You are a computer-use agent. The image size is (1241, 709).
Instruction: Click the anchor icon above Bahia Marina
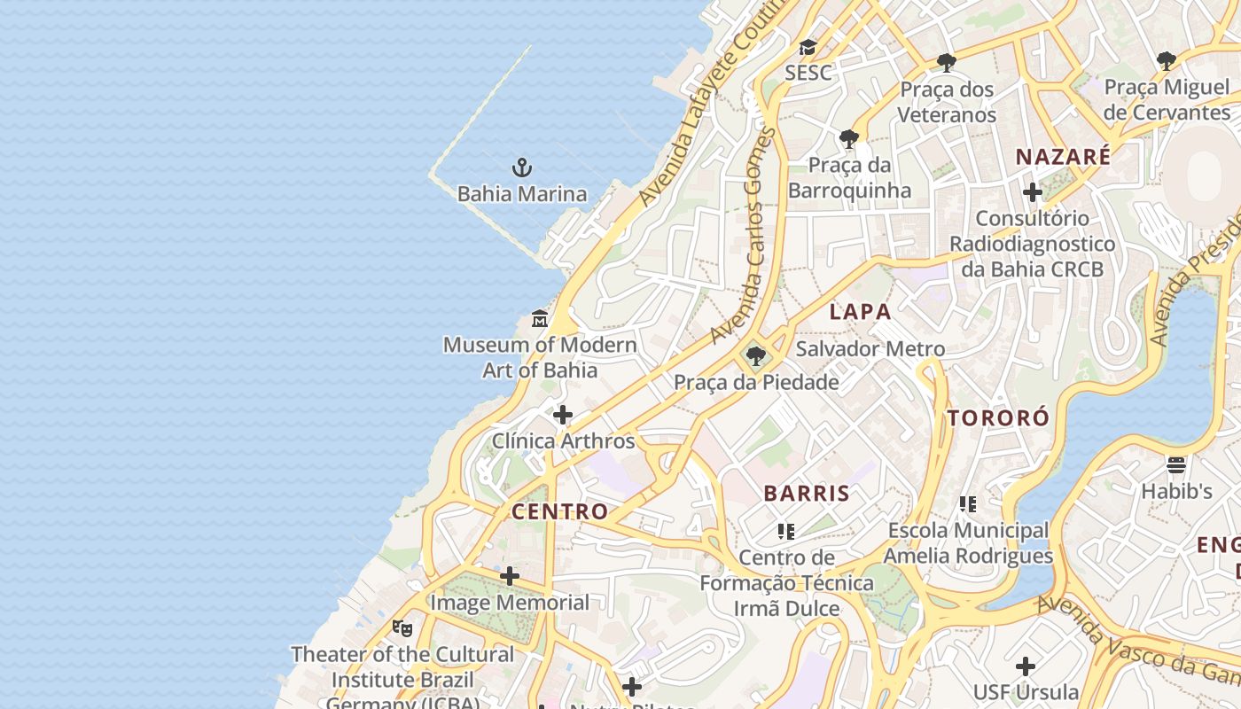[522, 167]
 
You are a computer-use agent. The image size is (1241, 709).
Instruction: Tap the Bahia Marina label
[522, 194]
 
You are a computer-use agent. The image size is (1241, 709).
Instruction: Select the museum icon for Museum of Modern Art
[539, 318]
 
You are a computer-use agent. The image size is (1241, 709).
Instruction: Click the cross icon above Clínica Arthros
[563, 415]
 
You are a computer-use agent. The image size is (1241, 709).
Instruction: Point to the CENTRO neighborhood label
[559, 511]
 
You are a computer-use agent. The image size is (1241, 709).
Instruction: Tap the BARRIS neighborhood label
[807, 494]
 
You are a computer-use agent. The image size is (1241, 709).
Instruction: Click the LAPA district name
[860, 312]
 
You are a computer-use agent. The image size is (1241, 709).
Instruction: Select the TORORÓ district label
[998, 418]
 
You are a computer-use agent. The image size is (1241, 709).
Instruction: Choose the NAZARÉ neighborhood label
[1063, 158]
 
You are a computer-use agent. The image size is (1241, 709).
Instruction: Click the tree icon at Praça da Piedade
[755, 356]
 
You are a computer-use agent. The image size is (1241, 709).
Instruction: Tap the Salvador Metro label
[870, 349]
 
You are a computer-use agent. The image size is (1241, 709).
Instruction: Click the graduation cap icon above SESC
[808, 47]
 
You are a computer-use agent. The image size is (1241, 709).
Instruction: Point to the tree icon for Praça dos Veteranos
[947, 62]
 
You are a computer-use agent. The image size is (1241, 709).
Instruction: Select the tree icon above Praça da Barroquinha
[849, 138]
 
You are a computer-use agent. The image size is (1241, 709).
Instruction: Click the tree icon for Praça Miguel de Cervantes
[1167, 60]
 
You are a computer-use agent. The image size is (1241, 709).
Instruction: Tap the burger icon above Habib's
[1176, 464]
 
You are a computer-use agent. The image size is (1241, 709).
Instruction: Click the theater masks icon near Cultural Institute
[402, 628]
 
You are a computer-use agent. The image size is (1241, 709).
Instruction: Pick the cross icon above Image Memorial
[510, 577]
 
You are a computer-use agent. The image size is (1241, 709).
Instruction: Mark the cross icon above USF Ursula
[1026, 666]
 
